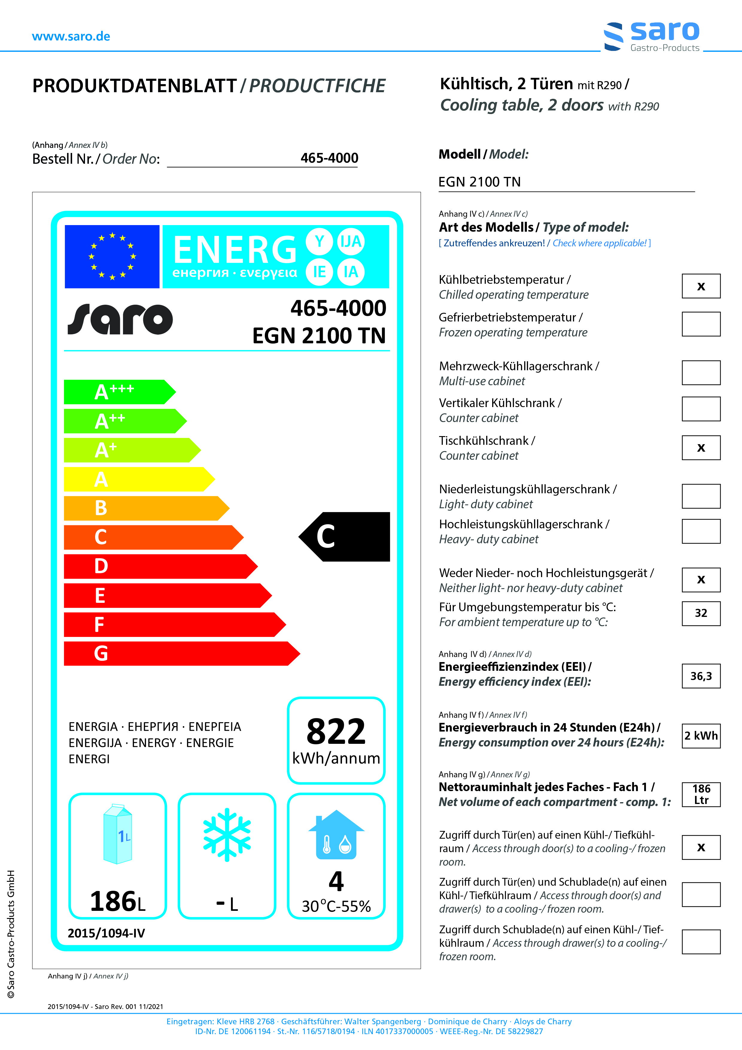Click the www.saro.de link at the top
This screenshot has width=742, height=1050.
(71, 37)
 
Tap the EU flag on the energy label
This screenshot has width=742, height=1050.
(112, 257)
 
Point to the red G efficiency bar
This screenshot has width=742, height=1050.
(181, 653)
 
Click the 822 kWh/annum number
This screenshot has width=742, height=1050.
(336, 732)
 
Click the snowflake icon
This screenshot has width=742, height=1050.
(227, 834)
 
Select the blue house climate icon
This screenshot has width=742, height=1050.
(336, 834)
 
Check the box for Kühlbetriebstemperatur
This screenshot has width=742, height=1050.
(701, 286)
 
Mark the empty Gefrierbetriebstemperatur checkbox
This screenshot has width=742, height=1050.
(701, 324)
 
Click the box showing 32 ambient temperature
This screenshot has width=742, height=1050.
(701, 613)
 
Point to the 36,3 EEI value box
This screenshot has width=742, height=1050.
(701, 676)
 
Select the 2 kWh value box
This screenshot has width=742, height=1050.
(701, 736)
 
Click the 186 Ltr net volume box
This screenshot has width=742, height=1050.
(701, 794)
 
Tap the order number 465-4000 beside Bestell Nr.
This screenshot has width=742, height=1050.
(329, 158)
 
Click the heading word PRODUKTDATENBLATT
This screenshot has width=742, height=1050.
(134, 86)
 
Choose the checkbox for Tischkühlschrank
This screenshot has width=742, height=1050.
(701, 448)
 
